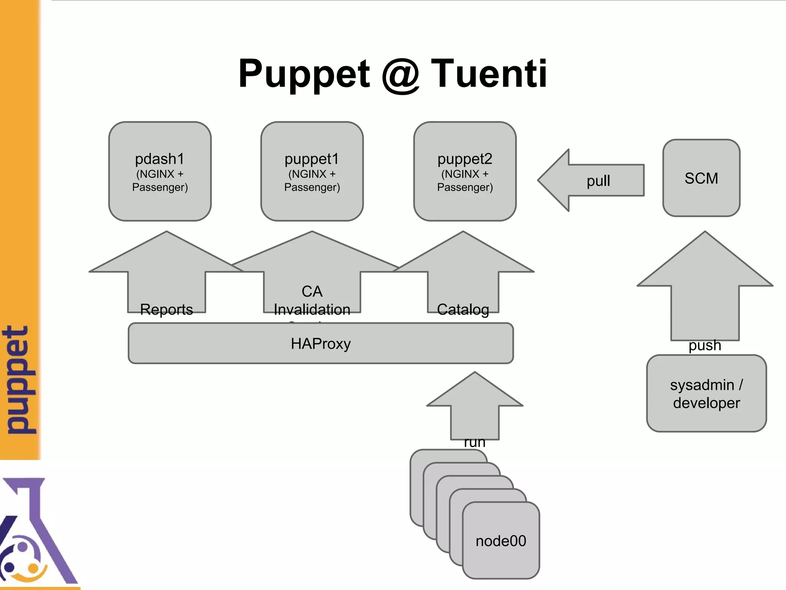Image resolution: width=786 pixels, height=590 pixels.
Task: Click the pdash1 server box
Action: pos(160,171)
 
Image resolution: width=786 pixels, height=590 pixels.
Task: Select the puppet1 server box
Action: pos(312,171)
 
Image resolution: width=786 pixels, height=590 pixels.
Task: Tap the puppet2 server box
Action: pos(464,171)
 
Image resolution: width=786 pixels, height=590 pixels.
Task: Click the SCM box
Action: pos(701,178)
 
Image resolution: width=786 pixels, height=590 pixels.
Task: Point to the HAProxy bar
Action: pos(320,343)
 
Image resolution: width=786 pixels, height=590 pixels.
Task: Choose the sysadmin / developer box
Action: pos(706,393)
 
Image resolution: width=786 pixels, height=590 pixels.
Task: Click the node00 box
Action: pos(500,540)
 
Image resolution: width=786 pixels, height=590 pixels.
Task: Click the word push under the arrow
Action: pos(705,345)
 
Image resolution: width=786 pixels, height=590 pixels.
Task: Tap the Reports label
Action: pos(166,309)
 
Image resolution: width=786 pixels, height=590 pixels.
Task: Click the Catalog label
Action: pos(463,309)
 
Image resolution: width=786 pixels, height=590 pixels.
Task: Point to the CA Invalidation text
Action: pos(312,300)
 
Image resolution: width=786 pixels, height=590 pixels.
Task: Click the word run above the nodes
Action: pos(474,442)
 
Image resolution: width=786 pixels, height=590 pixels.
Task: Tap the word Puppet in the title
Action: pos(304,74)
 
